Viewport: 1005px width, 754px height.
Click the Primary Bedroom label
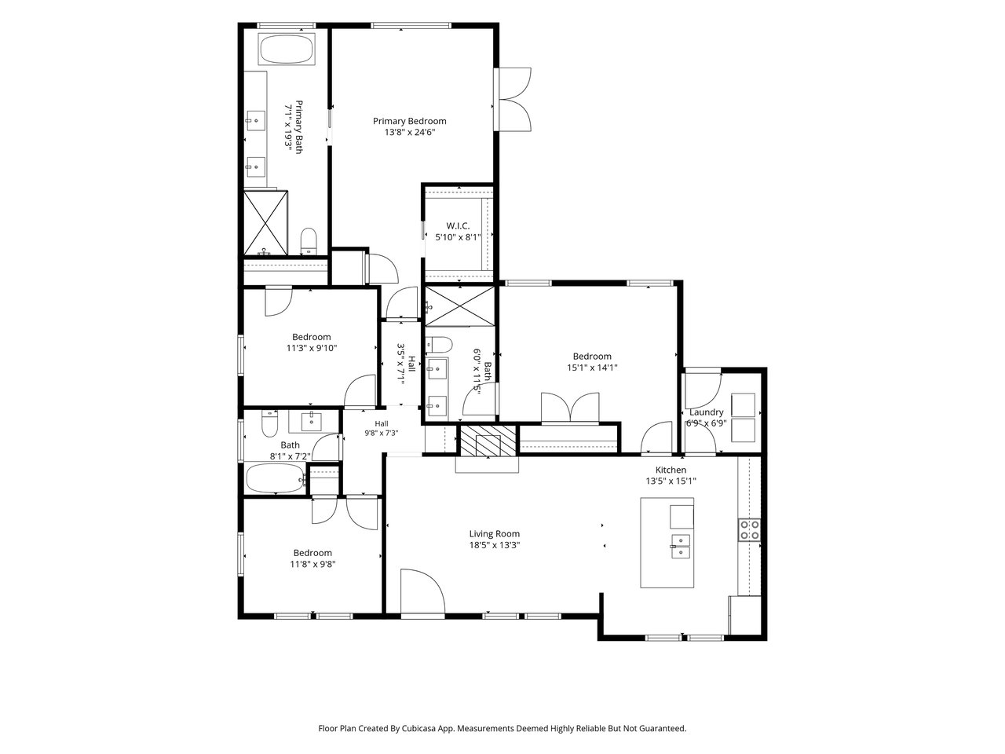[x=409, y=121]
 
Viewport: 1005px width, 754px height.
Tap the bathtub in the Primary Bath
[x=287, y=49]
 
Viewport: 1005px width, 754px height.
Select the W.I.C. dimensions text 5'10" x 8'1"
[x=458, y=237]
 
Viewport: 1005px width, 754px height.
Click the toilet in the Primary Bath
[x=309, y=241]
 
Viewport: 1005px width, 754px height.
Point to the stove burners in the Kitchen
[x=750, y=529]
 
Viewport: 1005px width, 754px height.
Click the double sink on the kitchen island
[x=681, y=546]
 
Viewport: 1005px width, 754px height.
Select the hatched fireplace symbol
[x=488, y=441]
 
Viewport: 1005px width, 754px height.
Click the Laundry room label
[x=707, y=412]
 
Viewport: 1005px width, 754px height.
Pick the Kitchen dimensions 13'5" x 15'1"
[x=671, y=481]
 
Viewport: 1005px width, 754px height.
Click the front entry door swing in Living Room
[x=422, y=591]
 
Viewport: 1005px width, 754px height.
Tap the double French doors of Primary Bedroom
[x=513, y=99]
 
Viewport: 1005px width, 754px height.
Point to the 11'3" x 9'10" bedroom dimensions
[x=312, y=348]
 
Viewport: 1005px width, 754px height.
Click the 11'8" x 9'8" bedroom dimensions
[x=312, y=564]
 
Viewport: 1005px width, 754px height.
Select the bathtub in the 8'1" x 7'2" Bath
[x=275, y=478]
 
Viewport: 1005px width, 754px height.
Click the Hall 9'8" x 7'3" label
[x=382, y=428]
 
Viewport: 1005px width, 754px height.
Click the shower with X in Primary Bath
[x=265, y=223]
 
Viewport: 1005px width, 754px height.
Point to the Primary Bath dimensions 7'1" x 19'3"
[x=288, y=126]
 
